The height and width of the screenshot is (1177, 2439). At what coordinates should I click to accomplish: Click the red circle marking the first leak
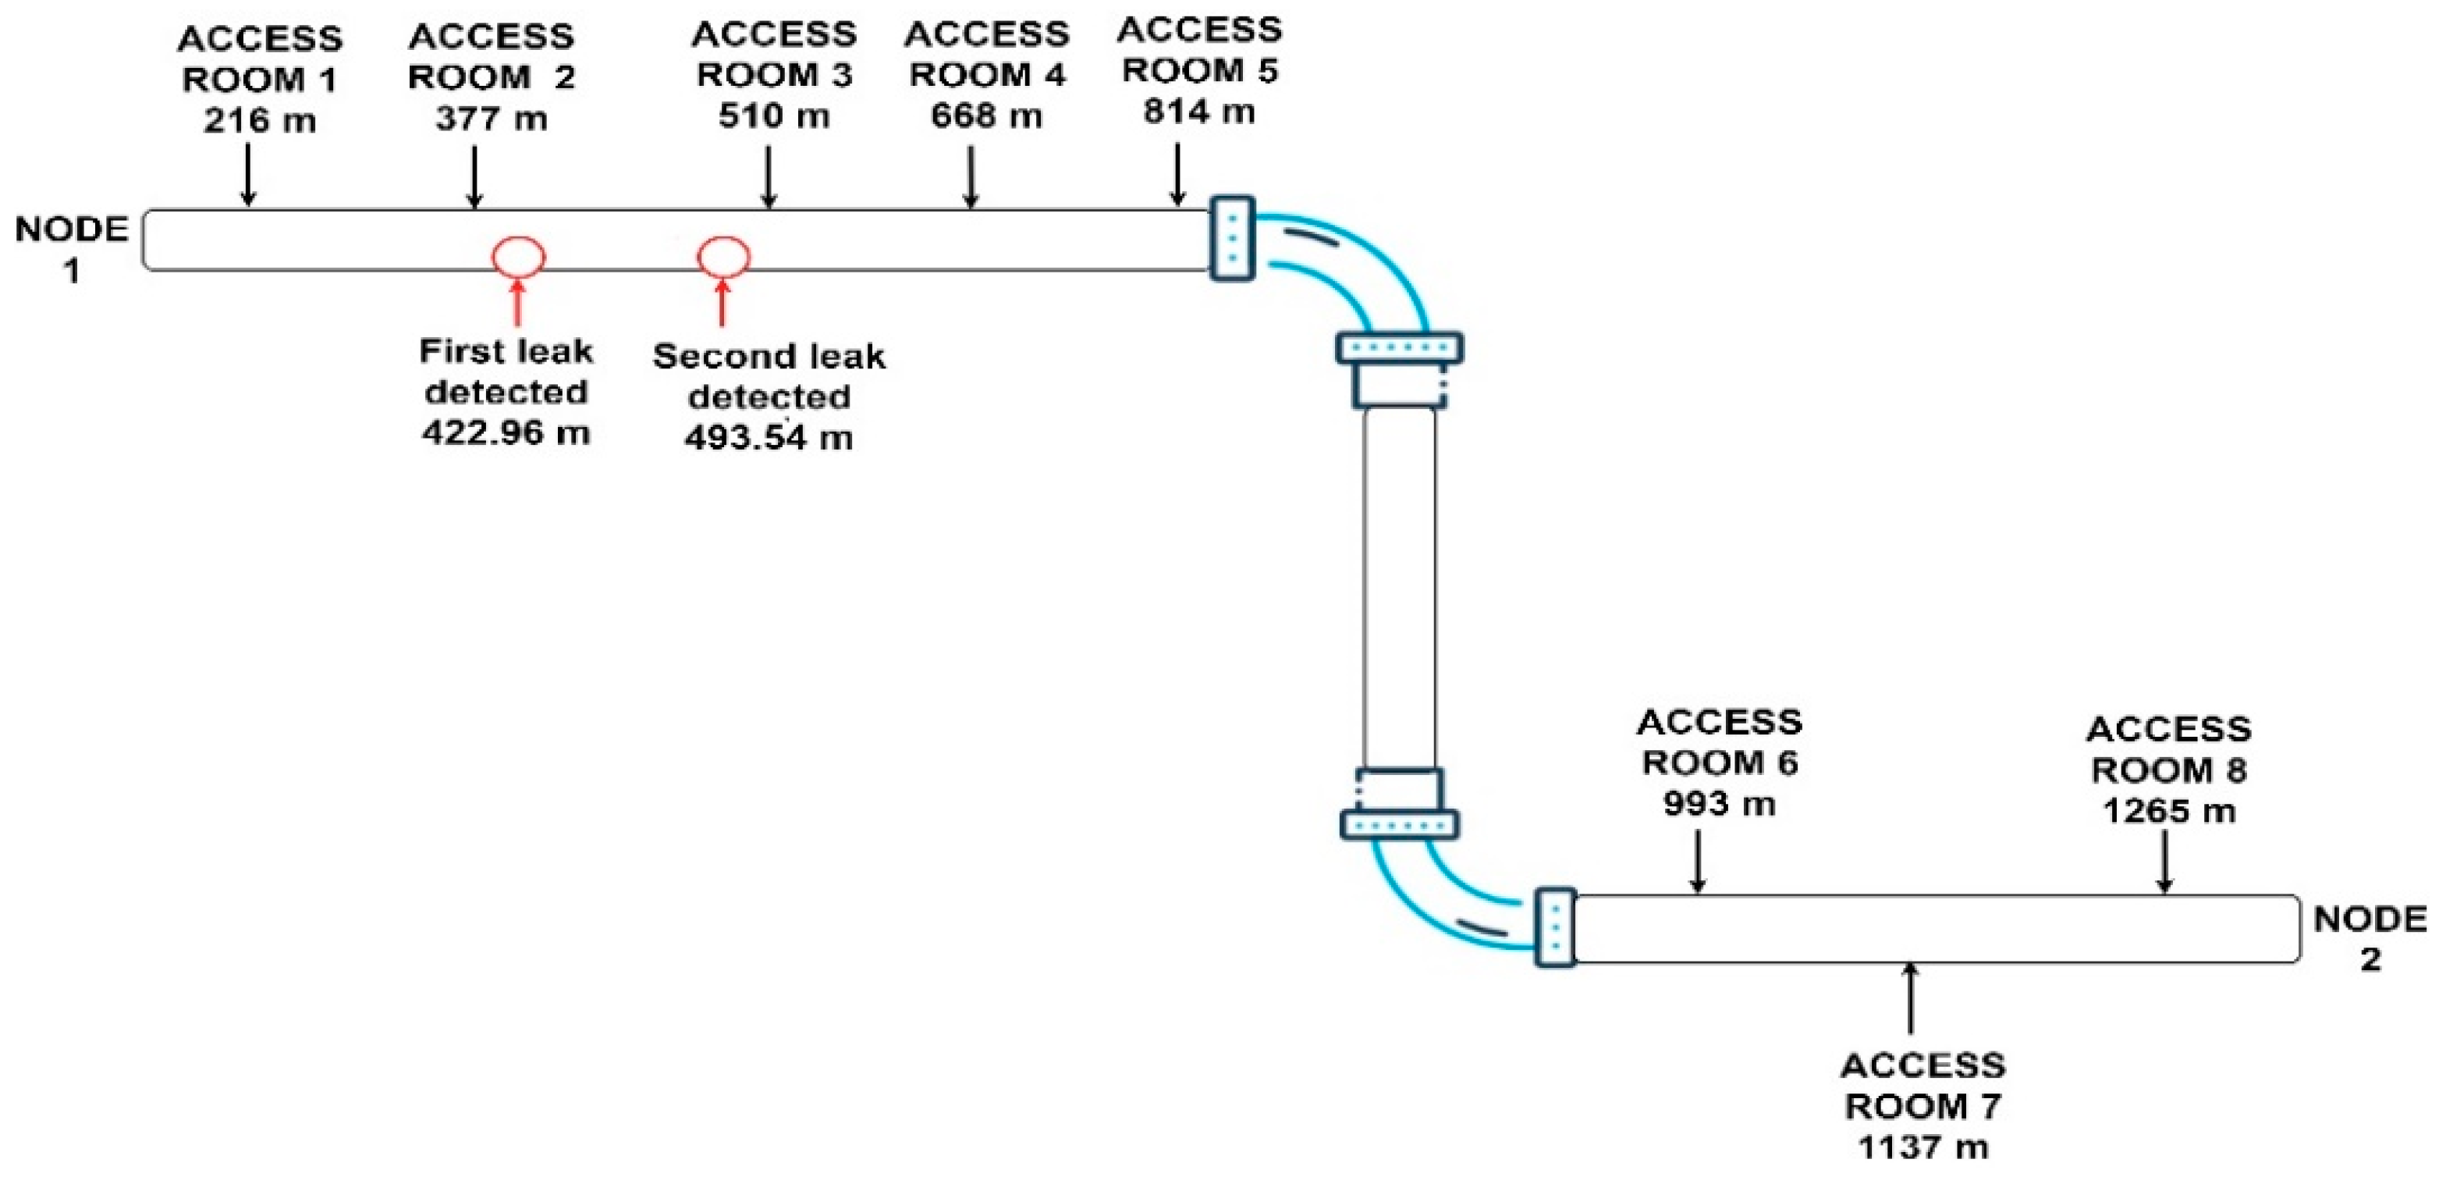pos(519,257)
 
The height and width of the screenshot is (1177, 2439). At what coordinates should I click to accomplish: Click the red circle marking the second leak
pos(724,256)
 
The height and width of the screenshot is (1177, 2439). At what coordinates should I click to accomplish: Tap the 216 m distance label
pos(260,120)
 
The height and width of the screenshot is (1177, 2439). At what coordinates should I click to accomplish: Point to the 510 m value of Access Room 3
pos(773,116)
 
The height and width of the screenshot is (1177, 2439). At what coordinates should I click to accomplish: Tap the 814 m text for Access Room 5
pos(1198,112)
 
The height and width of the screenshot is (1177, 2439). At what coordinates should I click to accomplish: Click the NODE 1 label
pos(71,250)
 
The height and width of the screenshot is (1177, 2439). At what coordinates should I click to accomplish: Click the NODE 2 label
pos(2370,938)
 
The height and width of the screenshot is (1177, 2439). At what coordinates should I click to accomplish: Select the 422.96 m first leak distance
pos(506,432)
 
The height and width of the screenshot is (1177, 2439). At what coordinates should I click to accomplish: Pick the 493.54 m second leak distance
pos(769,437)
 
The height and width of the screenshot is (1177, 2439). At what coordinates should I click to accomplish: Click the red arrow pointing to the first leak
pos(517,303)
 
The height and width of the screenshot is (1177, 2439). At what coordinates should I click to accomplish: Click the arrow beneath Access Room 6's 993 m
pos(1698,862)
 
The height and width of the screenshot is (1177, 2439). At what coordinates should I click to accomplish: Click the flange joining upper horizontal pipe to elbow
pos(1232,239)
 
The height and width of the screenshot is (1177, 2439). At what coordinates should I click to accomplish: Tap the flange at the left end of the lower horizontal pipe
pos(1555,927)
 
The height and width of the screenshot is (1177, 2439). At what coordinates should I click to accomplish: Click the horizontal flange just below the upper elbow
pos(1400,347)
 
